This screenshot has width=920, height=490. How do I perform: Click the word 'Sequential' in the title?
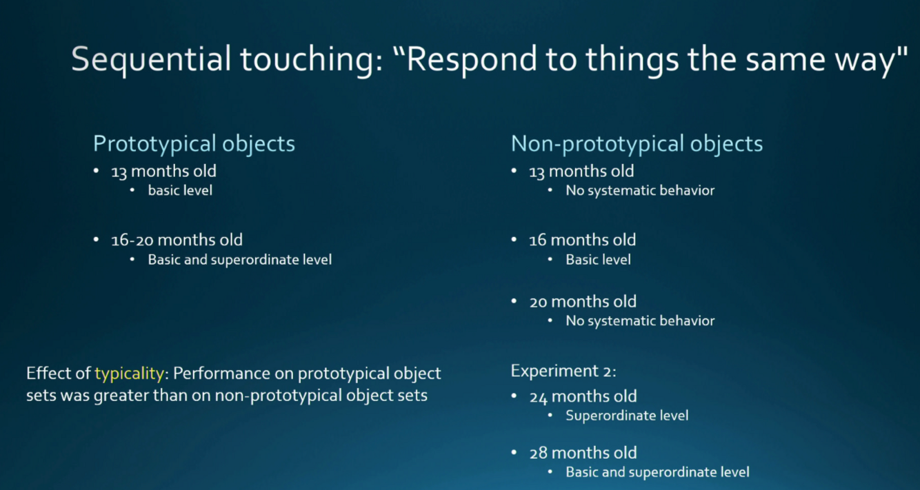[x=151, y=60]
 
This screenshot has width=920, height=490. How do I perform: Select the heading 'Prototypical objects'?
[x=194, y=144]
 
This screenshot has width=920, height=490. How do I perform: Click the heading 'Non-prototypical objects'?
[x=637, y=144]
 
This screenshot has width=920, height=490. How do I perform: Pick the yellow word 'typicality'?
[x=130, y=374]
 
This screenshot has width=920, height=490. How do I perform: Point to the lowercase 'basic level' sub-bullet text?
[x=180, y=190]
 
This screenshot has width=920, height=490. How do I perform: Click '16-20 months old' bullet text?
[x=177, y=240]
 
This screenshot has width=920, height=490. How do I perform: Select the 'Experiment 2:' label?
[x=563, y=371]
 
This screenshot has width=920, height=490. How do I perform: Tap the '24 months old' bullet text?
[x=583, y=397]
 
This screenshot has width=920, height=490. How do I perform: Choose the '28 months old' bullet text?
[x=583, y=453]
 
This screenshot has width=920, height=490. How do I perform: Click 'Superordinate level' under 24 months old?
[x=627, y=416]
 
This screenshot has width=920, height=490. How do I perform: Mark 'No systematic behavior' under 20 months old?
[x=640, y=321]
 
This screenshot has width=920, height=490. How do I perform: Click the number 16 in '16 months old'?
[x=537, y=241]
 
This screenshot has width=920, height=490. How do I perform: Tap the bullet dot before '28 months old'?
[x=514, y=452]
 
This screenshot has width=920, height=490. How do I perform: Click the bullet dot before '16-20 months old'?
[x=96, y=239]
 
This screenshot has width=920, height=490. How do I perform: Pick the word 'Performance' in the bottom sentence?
[x=232, y=374]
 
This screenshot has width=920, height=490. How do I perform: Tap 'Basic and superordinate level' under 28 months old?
[x=657, y=472]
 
